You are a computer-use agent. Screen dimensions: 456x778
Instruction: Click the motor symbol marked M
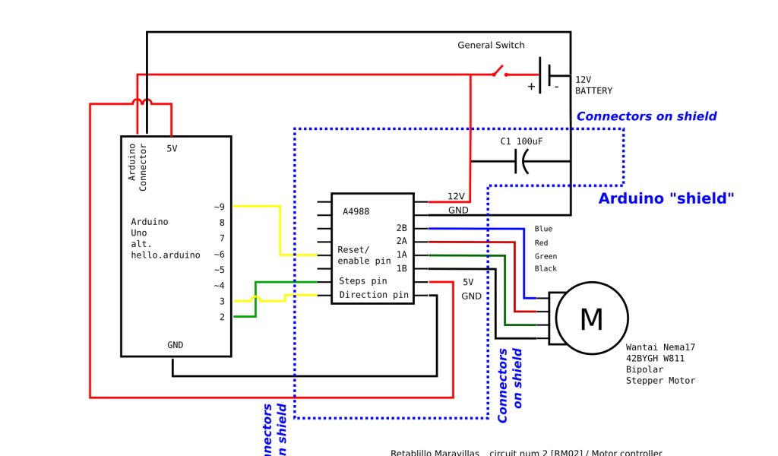tap(592, 319)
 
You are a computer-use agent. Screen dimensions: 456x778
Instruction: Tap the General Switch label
tap(491, 46)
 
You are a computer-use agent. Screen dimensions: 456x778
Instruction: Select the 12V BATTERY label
tap(593, 85)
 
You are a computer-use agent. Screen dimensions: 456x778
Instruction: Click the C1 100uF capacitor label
tap(521, 142)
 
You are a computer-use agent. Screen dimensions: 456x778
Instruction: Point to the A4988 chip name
tap(356, 212)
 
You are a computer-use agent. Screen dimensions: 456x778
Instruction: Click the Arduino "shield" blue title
tap(666, 199)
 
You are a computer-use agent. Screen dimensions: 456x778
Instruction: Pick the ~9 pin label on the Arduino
tap(219, 207)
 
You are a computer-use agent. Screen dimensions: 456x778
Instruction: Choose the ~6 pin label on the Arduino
tap(219, 255)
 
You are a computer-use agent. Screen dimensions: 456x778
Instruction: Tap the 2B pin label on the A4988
tap(402, 227)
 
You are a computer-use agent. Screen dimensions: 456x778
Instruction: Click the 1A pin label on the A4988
tap(402, 255)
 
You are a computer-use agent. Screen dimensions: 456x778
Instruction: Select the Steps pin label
tap(362, 281)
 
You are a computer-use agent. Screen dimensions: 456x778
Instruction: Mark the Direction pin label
tap(373, 295)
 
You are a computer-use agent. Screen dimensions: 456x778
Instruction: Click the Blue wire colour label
tap(543, 229)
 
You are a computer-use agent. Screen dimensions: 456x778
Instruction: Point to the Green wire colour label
tap(546, 256)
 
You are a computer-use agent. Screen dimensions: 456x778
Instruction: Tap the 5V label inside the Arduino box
tap(172, 149)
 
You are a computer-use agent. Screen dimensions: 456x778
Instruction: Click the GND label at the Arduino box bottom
tap(175, 345)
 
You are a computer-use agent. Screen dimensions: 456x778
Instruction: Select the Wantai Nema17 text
tap(660, 347)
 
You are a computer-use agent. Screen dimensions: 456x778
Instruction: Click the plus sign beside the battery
tap(531, 87)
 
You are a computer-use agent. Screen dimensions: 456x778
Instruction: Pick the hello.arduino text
tap(166, 255)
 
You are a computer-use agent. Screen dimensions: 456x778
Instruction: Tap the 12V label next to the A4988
tap(456, 196)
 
